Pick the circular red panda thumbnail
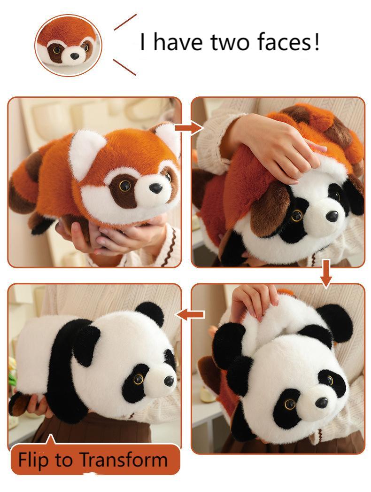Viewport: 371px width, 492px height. (68, 45)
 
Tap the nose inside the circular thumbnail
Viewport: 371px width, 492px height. (74, 56)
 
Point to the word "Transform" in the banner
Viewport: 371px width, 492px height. (124, 459)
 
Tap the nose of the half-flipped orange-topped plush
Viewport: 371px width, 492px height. (332, 216)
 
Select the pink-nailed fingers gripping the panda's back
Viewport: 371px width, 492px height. (254, 301)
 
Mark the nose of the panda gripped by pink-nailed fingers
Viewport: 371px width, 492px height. (322, 402)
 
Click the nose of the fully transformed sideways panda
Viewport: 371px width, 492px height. (169, 380)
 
